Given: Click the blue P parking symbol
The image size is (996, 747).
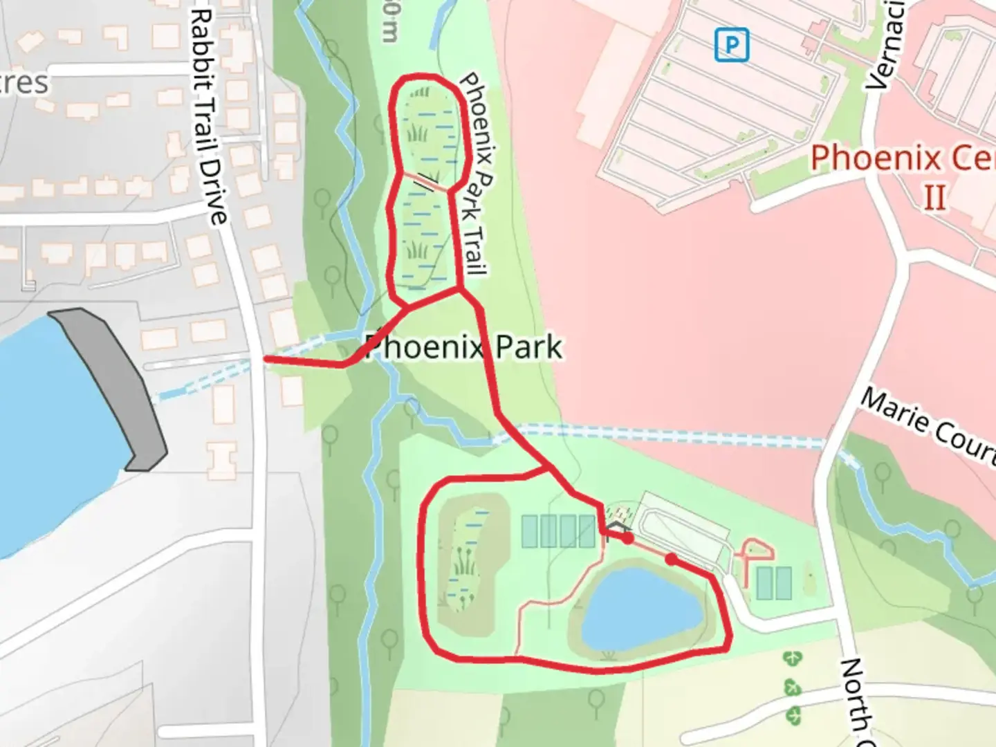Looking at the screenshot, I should point(731,46).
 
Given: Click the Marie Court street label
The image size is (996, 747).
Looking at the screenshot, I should point(927,423).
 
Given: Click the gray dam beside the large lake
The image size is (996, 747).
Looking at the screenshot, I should point(111,387).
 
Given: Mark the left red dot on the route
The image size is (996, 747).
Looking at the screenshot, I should point(627,537).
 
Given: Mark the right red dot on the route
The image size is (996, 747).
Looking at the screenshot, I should point(671,559).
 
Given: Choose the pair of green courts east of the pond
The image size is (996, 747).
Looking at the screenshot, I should point(774,583).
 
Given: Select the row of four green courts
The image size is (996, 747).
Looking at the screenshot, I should point(559,531).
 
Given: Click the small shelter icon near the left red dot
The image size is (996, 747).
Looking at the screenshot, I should point(614,528).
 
